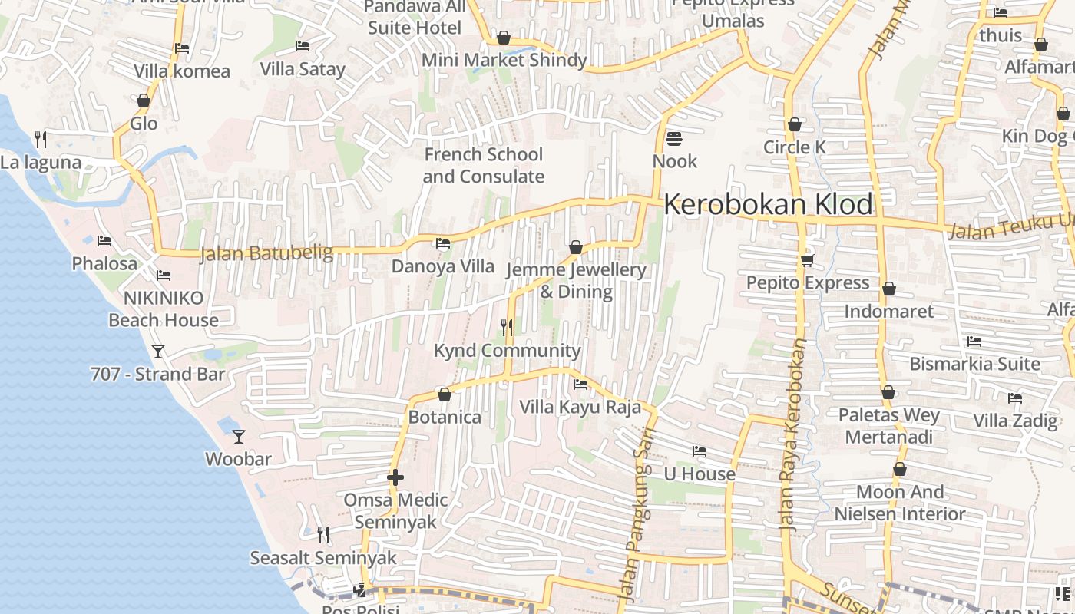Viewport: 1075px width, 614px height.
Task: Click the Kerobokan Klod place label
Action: click(768, 205)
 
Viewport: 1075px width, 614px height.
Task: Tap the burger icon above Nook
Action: click(674, 139)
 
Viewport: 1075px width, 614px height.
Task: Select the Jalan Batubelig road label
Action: click(266, 253)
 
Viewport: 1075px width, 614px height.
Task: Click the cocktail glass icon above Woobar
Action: click(239, 436)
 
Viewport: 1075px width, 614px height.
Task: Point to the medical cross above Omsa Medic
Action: click(395, 477)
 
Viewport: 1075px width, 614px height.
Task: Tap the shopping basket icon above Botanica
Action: click(444, 394)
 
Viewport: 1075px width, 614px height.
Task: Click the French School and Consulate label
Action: click(483, 165)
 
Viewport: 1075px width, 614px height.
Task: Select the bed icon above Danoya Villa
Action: click(443, 243)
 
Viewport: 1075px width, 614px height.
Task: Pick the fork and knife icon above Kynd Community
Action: click(507, 328)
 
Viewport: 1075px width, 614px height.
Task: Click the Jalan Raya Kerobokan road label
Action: click(792, 435)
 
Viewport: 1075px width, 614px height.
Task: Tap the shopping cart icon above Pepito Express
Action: click(807, 261)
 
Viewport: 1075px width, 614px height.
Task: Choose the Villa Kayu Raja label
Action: click(580, 407)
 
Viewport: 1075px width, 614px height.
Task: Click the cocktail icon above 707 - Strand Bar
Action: click(158, 352)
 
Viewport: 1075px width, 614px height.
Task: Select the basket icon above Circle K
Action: click(795, 124)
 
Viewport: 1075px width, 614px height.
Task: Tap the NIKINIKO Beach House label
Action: click(164, 309)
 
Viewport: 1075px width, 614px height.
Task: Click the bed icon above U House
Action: click(699, 451)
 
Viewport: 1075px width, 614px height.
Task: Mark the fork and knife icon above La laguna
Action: click(41, 140)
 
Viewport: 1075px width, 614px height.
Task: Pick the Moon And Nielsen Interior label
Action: click(899, 503)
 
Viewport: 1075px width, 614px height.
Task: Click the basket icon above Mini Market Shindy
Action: click(504, 38)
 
